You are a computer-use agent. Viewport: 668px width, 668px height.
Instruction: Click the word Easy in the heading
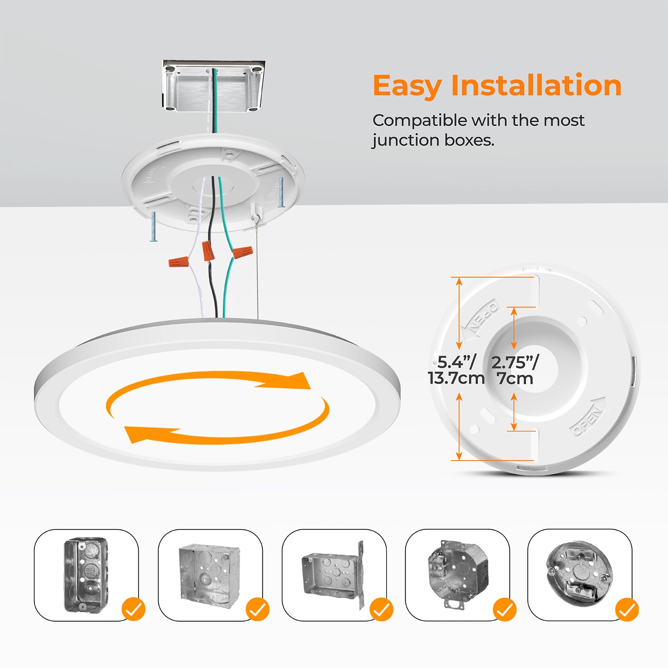coord(407,86)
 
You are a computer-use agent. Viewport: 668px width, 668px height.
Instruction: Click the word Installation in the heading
coord(536,86)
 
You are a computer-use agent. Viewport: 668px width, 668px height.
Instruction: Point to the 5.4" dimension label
coord(457,362)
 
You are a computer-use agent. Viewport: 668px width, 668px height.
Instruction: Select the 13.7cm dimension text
coord(456,379)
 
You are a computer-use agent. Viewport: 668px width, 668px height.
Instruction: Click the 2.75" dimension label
coord(515,362)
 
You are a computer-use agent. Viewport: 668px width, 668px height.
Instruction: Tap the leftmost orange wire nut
coord(178,262)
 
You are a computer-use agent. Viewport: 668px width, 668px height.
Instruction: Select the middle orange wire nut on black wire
coord(208,250)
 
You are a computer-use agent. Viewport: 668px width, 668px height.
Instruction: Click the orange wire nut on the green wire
coord(243,253)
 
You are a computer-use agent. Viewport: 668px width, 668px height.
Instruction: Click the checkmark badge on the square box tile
coord(258,609)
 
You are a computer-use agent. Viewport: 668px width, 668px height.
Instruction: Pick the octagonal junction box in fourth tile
coord(458,569)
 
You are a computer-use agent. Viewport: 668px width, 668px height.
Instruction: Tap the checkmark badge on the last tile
coord(627,609)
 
